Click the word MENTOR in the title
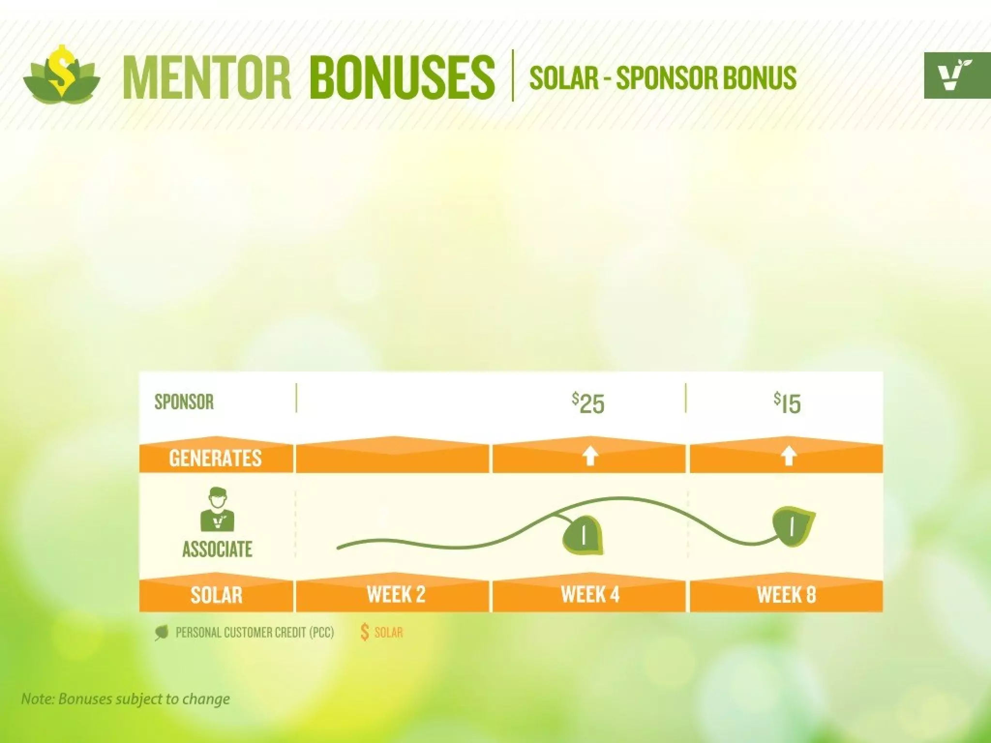(x=207, y=77)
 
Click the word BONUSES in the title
(x=402, y=77)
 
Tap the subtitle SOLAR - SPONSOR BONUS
(x=662, y=77)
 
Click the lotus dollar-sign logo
(x=61, y=74)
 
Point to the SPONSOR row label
(x=184, y=402)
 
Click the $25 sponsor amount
(x=588, y=403)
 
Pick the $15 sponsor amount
(x=787, y=403)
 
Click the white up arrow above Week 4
(x=589, y=456)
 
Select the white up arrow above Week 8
(x=789, y=456)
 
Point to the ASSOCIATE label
(x=217, y=549)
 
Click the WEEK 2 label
(x=396, y=594)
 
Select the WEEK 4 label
(x=590, y=594)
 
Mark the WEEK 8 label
(x=786, y=594)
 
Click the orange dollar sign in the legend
(x=365, y=632)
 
